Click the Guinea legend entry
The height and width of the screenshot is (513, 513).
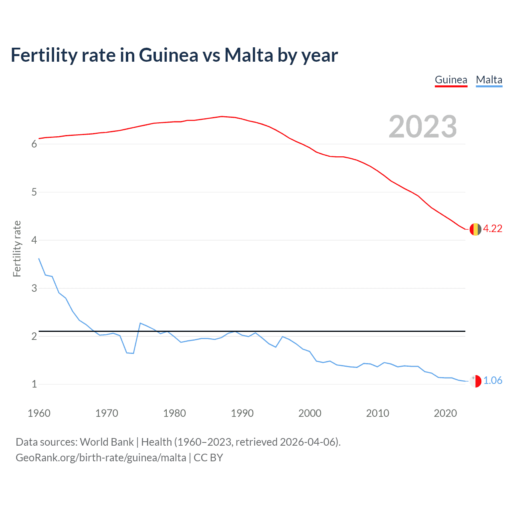[x=451, y=80]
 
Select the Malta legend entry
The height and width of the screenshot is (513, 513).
[x=489, y=80]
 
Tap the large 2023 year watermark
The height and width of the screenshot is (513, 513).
[x=422, y=127]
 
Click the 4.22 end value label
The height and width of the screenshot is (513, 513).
[x=493, y=228]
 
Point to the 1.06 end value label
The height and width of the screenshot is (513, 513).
[x=493, y=380]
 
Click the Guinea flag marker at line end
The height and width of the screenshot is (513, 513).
[x=475, y=229]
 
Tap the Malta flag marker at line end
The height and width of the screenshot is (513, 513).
[x=475, y=381]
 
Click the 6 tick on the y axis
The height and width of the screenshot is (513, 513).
[x=34, y=144]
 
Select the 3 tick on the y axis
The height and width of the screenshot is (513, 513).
[x=34, y=288]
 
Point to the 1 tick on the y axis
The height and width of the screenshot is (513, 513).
[x=34, y=384]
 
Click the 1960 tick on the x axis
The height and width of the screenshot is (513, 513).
[x=39, y=413]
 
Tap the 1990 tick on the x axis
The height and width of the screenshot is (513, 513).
[x=242, y=413]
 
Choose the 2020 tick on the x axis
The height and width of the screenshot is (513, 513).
[x=445, y=413]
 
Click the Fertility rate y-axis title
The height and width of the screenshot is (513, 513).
[x=17, y=248]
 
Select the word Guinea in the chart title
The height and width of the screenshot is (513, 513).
[x=168, y=55]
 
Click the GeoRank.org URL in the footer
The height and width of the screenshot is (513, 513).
[x=101, y=458]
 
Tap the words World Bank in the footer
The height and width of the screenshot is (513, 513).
[x=107, y=442]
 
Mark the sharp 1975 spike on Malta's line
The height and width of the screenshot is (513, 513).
[x=140, y=323]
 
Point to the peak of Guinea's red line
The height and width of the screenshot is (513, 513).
[x=222, y=116]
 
